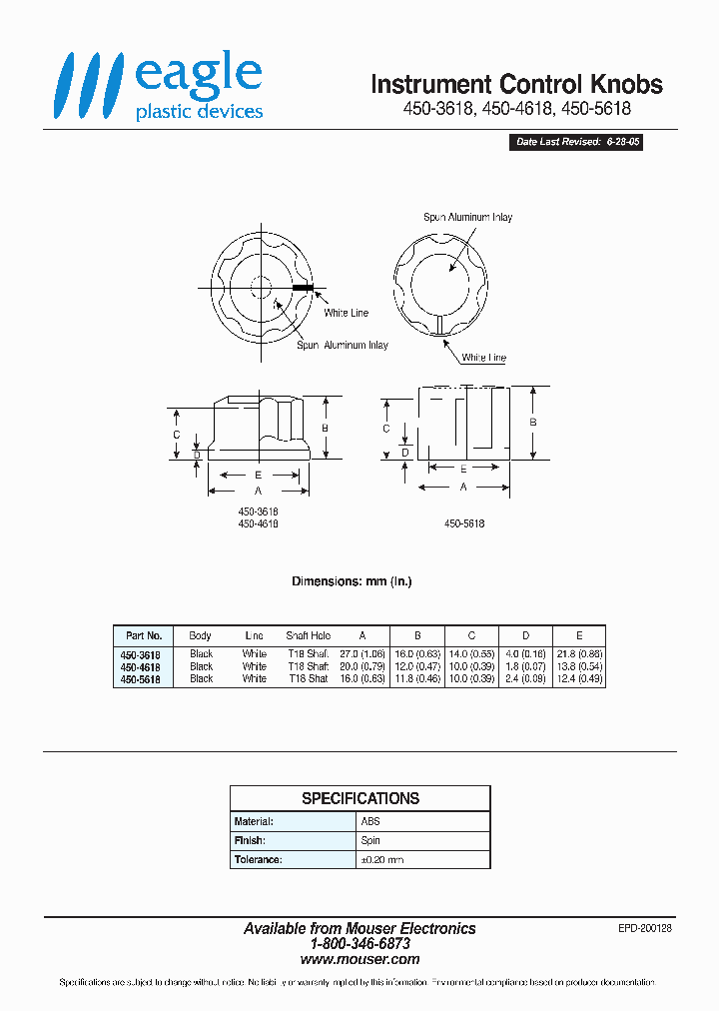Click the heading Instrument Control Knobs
coord(516,84)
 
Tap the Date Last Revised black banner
coord(578,143)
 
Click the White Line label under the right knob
coord(484,358)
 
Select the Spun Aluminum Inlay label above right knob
coord(467,217)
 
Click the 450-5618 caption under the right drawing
coord(464,523)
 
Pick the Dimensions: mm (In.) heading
coord(352,581)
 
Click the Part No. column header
coord(144,635)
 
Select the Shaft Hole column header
coord(308,635)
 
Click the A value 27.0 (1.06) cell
coord(362,653)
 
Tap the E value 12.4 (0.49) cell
coord(579,678)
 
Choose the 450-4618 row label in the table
coord(141,666)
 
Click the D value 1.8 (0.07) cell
coord(525,666)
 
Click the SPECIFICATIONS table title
coord(360,798)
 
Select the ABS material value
coord(370,821)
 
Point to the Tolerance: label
coord(259,859)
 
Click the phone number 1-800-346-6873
coord(359,943)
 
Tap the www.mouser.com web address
coord(359,959)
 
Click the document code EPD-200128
coord(645,928)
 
